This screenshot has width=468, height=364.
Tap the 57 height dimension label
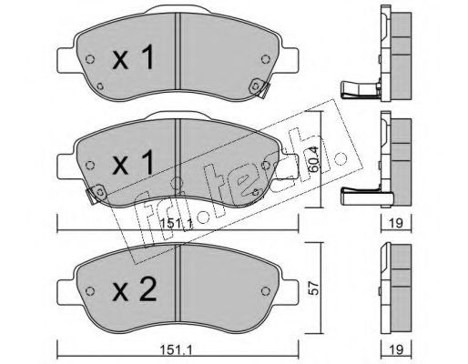coord(314,288)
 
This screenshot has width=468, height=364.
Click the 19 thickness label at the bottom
coord(396,349)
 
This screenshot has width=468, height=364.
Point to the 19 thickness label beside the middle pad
coord(396,223)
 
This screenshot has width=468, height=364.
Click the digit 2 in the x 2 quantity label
coord(148,289)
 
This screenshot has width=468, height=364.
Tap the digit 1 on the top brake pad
coord(148,56)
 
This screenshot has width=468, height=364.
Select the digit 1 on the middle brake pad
coord(148,163)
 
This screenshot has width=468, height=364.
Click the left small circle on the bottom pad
coord(90,291)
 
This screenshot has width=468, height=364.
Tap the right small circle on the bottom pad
coord(266,291)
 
